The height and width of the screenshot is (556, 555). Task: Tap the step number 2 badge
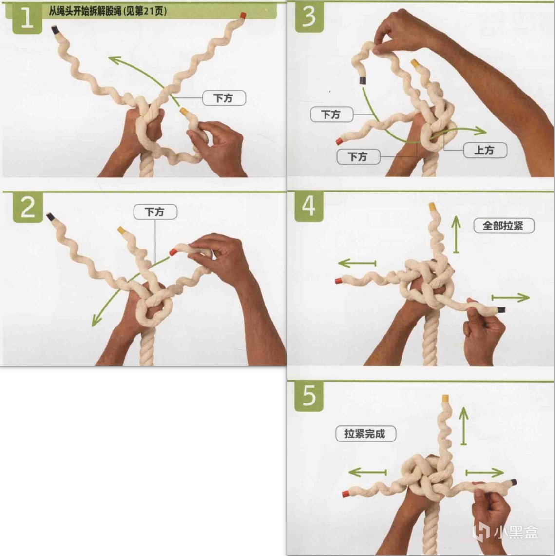point(28,208)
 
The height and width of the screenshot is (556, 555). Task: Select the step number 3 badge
point(309,18)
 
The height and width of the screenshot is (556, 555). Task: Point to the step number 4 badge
point(309,207)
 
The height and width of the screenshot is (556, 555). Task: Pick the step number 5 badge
point(309,396)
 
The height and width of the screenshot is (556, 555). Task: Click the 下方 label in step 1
point(224,98)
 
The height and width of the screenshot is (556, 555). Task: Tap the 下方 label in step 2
point(155,211)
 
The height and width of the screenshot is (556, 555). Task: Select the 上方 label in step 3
point(485,151)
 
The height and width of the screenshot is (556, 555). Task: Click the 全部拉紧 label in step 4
point(503,226)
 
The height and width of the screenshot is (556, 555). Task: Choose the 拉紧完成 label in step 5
point(365,434)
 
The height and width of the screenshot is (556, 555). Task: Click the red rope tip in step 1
point(243,15)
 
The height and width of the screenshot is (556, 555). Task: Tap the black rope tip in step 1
point(55,30)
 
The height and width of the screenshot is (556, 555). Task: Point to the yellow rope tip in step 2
point(121,230)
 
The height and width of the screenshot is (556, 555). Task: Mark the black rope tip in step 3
point(363,80)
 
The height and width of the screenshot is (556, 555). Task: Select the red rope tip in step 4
point(339,281)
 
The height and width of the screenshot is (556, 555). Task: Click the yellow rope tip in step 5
point(445,398)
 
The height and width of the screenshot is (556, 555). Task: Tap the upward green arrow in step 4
point(456,234)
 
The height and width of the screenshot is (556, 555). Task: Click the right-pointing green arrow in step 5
point(484,472)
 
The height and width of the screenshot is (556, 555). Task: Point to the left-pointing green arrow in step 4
point(357,263)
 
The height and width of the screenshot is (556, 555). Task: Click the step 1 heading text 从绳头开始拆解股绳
point(85,11)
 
